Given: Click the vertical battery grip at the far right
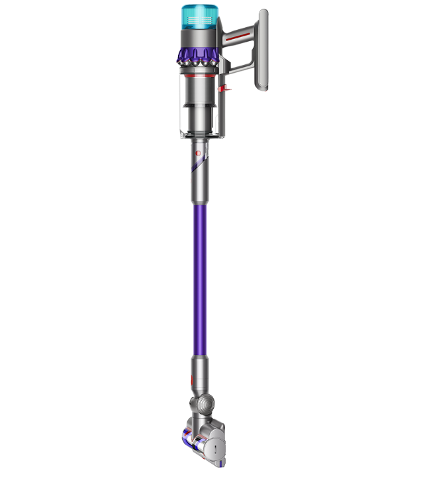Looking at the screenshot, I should pyautogui.click(x=263, y=51).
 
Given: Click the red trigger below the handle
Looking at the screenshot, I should pyautogui.click(x=225, y=88).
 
